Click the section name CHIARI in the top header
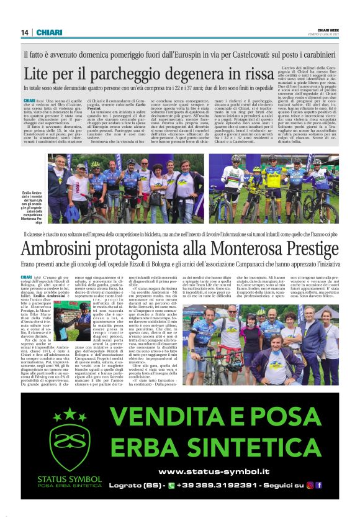coord(48,32)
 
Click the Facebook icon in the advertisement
coord(318,486)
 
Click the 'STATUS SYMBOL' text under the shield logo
coord(61,478)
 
